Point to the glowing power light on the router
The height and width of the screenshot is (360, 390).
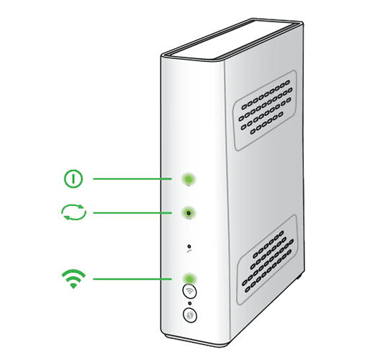189,179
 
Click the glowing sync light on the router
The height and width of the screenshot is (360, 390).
189,212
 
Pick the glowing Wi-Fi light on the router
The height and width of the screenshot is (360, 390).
189,279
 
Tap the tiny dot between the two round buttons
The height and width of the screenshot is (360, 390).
189,303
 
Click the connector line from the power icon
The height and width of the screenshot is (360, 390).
130,178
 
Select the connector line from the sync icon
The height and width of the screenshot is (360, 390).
130,212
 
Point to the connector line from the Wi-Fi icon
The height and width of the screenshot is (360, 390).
130,279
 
